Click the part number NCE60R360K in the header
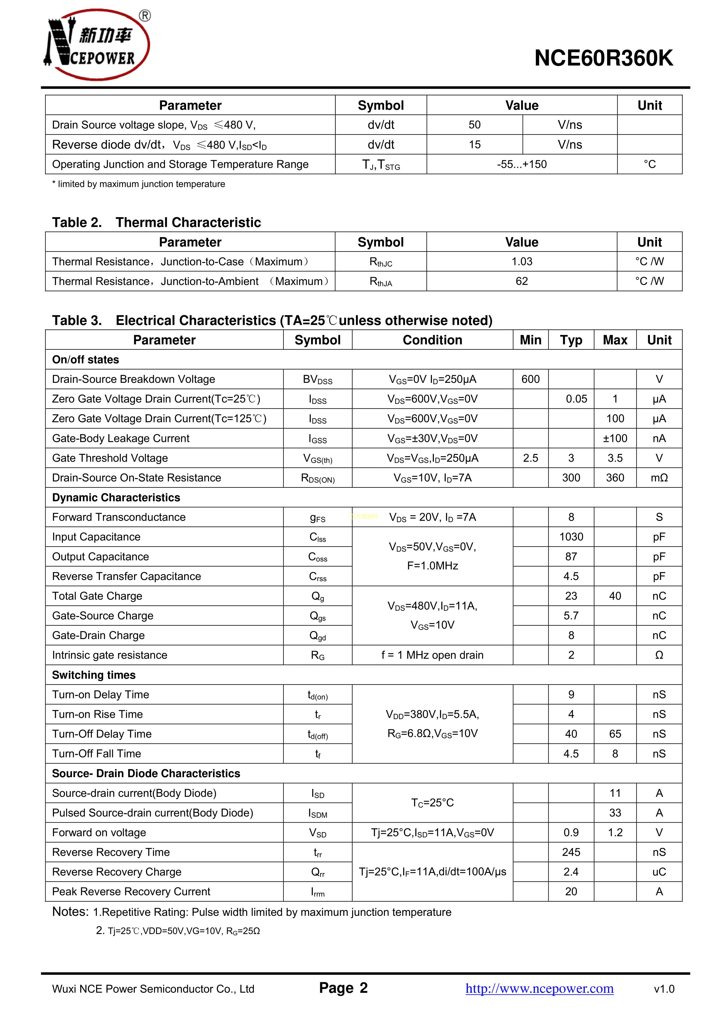click(x=603, y=58)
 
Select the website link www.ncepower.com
click(x=539, y=988)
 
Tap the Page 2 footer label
click(x=343, y=988)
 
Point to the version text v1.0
click(x=664, y=989)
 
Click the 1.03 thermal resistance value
click(x=522, y=261)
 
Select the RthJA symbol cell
click(x=381, y=281)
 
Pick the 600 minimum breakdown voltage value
click(x=530, y=379)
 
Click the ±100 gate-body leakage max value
click(x=615, y=438)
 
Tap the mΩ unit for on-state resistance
click(x=659, y=478)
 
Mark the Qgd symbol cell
click(x=317, y=636)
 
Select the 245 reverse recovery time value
click(x=571, y=852)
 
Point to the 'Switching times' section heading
click(x=94, y=675)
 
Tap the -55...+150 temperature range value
click(x=522, y=164)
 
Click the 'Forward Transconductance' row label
click(x=119, y=517)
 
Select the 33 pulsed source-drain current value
click(x=615, y=813)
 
